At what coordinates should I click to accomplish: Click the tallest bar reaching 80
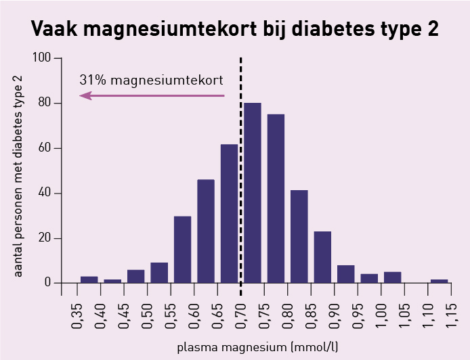pos(253,193)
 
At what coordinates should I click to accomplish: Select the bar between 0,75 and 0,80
pos(276,198)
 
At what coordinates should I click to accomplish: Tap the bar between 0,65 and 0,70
pos(230,214)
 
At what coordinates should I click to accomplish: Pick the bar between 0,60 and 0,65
pos(206,231)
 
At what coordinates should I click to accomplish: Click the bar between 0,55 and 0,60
pos(183,250)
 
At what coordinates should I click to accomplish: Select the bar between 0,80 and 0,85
pos(299,237)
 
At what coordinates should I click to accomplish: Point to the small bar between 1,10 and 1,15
pos(440,282)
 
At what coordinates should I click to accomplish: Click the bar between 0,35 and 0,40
pos(89,279)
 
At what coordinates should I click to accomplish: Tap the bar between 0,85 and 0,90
pos(322,257)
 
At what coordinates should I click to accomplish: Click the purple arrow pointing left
pos(152,96)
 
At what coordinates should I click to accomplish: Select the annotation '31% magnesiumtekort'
pos(152,81)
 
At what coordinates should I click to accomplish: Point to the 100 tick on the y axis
pos(58,58)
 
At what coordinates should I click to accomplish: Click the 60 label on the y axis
pos(45,148)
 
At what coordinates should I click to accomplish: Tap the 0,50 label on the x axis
pos(147,316)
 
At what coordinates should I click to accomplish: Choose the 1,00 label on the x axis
pos(381,316)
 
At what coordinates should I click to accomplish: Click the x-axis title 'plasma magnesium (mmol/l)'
pos(257,347)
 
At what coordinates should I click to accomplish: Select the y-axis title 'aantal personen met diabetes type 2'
pos(18,177)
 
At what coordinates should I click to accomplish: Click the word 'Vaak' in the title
pos(54,28)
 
